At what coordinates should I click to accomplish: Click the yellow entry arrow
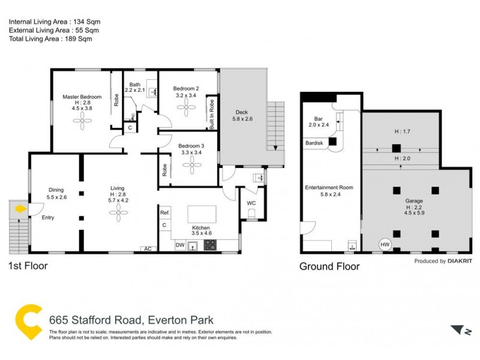(x=21, y=209)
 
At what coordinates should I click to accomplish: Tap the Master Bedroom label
(x=82, y=97)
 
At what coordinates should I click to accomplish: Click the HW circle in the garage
(x=384, y=245)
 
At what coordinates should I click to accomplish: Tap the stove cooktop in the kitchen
(x=211, y=245)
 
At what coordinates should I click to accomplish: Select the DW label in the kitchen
(x=179, y=245)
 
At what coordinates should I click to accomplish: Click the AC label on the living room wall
(x=146, y=248)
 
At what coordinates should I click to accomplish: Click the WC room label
(x=251, y=203)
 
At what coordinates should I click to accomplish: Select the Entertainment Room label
(x=328, y=187)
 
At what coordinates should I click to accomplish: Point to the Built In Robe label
(x=212, y=113)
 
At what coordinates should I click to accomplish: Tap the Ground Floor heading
(x=329, y=266)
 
